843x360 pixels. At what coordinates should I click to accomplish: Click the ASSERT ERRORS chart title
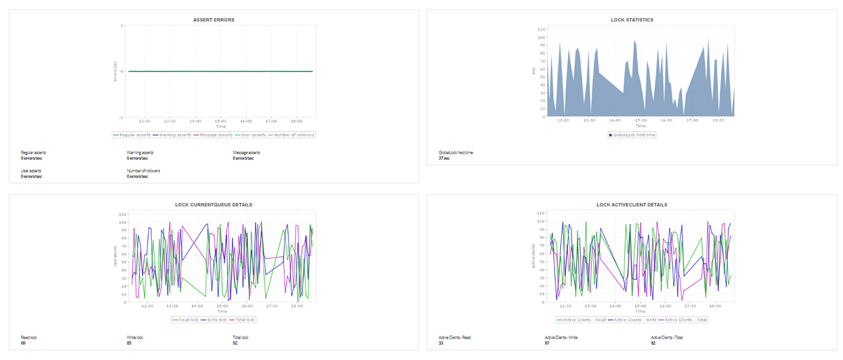(214, 20)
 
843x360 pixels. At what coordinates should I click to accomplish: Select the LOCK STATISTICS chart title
(632, 20)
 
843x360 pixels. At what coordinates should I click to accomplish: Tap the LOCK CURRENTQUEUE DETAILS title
(214, 205)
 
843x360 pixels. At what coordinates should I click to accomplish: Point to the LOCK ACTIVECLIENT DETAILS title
(632, 205)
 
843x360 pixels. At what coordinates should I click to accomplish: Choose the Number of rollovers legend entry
(294, 135)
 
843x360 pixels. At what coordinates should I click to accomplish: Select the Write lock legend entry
(214, 320)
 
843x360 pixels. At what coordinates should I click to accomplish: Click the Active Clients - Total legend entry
(685, 320)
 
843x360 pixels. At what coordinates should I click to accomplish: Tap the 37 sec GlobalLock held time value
(444, 158)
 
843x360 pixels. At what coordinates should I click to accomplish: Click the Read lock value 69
(23, 343)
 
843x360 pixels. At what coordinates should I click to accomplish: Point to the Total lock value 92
(235, 343)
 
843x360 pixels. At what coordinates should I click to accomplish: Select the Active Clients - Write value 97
(548, 343)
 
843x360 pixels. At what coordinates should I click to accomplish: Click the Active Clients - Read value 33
(441, 343)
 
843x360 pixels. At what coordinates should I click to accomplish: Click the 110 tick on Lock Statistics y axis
(541, 29)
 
